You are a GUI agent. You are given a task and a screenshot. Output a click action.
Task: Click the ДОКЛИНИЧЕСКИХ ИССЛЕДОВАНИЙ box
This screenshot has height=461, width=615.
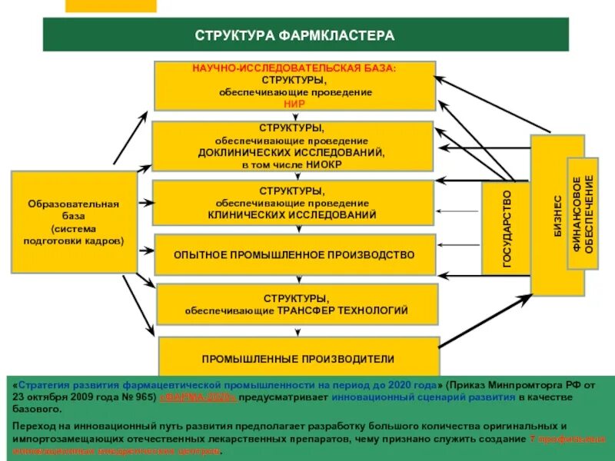coord(292,146)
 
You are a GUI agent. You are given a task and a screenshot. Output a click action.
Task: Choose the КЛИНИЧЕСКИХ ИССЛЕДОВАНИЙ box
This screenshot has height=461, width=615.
coord(292,202)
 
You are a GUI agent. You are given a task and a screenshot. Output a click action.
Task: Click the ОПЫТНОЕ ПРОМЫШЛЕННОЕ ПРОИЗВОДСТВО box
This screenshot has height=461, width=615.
coord(294,255)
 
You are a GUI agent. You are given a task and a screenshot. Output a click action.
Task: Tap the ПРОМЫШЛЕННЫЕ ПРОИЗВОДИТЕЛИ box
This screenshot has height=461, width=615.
coord(298,359)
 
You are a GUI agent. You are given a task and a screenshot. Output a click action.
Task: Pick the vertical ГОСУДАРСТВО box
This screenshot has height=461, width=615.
coord(506,228)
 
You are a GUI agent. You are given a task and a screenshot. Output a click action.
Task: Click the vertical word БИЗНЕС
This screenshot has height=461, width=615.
coord(557,214)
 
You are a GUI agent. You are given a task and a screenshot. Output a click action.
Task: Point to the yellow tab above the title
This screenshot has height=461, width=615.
coord(111,5)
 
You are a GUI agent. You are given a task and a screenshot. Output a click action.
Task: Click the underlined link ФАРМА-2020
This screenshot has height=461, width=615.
coord(198,399)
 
